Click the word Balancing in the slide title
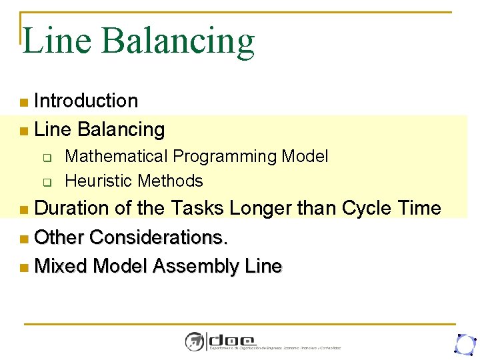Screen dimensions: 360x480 click(x=178, y=42)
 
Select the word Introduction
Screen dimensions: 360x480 click(x=86, y=101)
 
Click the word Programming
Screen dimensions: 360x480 click(x=225, y=157)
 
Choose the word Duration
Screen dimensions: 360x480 click(x=72, y=208)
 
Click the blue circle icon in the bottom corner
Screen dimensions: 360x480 click(x=463, y=343)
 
